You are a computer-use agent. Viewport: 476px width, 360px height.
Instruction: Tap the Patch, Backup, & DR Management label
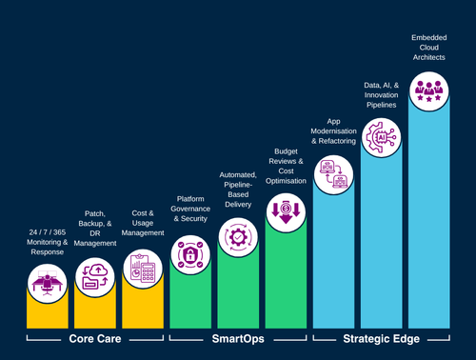(x=95, y=229)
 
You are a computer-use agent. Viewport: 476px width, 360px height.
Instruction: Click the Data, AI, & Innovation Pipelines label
(x=381, y=97)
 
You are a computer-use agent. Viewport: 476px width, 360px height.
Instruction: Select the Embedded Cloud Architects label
(x=428, y=49)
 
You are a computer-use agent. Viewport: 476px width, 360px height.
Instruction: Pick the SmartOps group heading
(x=238, y=338)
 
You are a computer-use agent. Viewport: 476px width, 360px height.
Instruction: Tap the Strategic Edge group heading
(x=381, y=338)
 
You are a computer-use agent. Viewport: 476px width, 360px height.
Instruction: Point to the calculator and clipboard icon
(x=143, y=264)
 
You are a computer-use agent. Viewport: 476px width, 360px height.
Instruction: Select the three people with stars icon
(x=428, y=90)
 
